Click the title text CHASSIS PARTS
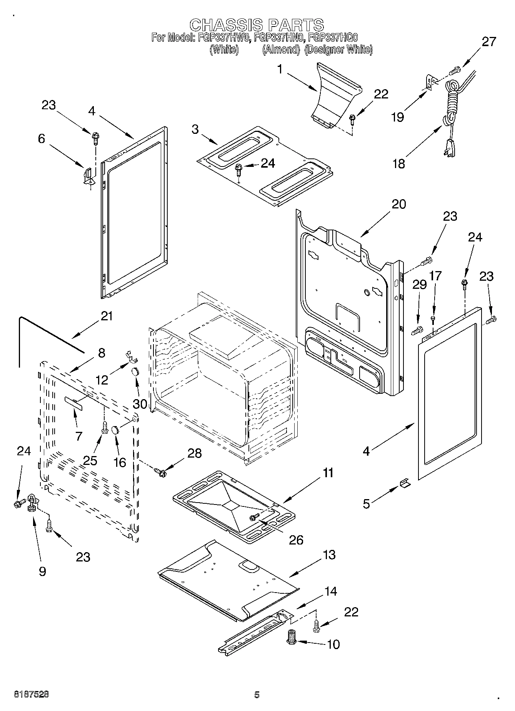click(x=257, y=25)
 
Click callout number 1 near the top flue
click(x=280, y=70)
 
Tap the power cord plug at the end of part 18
click(x=449, y=147)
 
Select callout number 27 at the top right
click(x=489, y=42)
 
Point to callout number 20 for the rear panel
click(x=399, y=204)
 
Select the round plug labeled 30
click(x=135, y=372)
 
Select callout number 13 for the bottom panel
click(x=329, y=555)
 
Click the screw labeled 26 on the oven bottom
click(x=254, y=517)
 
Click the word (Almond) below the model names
click(x=281, y=50)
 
